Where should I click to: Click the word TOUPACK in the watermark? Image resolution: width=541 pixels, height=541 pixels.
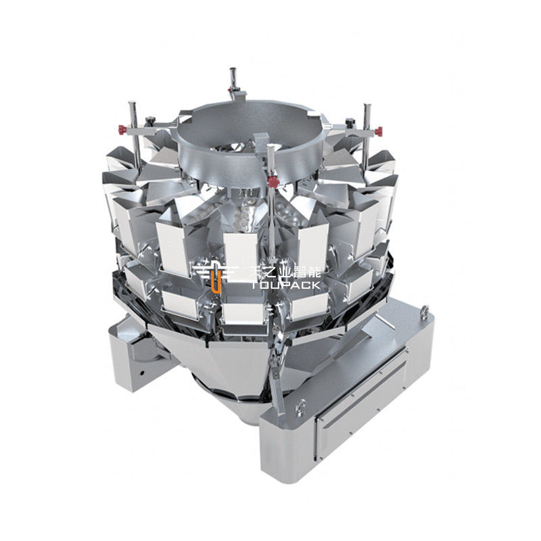click(x=285, y=285)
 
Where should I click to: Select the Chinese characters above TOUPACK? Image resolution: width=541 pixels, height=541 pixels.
click(x=285, y=273)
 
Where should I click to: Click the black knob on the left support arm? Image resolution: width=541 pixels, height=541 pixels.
click(x=150, y=121)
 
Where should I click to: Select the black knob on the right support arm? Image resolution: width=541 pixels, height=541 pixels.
click(x=350, y=121)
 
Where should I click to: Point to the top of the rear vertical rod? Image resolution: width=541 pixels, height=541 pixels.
click(x=233, y=70)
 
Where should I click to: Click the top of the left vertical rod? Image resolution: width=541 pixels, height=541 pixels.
click(x=131, y=103)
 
